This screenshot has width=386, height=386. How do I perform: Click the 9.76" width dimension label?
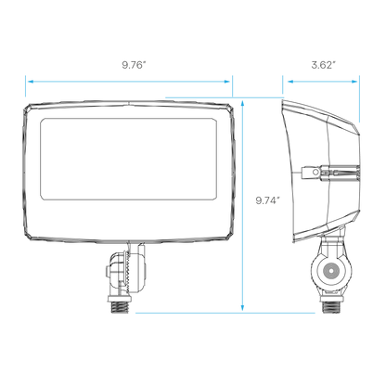click(134, 65)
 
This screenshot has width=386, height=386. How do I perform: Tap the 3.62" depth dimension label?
click(323, 65)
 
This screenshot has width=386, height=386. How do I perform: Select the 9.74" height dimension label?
click(267, 200)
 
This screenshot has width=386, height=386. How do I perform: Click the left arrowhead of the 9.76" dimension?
click(31, 82)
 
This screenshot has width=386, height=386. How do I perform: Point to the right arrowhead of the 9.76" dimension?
click(226, 82)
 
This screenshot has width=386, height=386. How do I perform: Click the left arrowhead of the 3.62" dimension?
click(290, 82)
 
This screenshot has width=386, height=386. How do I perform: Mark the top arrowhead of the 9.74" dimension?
click(243, 103)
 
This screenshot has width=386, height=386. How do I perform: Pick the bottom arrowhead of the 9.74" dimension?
click(243, 307)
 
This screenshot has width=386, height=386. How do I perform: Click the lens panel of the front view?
click(128, 159)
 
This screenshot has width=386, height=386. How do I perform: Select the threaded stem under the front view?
click(120, 307)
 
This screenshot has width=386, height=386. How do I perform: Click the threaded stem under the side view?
click(331, 307)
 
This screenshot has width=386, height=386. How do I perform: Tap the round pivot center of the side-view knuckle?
click(331, 271)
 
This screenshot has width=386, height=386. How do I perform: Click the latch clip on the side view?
click(330, 173)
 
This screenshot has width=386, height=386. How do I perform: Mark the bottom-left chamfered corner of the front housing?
click(27, 236)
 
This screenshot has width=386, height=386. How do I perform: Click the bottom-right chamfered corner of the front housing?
click(229, 236)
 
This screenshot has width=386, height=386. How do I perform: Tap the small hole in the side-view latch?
click(315, 173)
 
